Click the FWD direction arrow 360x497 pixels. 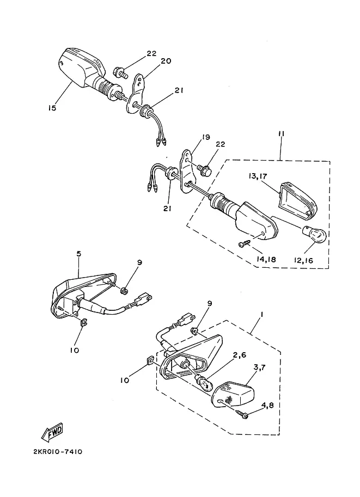(53, 432)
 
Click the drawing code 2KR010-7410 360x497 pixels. (58, 451)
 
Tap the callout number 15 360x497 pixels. (52, 108)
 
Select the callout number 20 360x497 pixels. (166, 61)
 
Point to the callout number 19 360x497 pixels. (206, 137)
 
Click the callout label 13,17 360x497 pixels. (258, 176)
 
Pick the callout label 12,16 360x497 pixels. (303, 261)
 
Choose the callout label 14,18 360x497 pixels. (266, 259)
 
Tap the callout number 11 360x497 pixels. (281, 134)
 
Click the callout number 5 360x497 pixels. (78, 254)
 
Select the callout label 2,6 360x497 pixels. (240, 355)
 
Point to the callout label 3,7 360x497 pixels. (259, 367)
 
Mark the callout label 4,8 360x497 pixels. (267, 406)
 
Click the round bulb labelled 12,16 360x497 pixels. (315, 234)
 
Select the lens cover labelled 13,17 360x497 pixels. (298, 201)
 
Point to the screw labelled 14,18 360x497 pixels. (245, 243)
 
